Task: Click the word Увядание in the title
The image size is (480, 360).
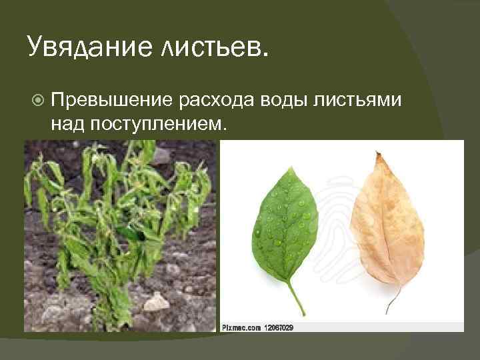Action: (86, 47)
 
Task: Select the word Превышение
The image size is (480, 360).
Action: (111, 100)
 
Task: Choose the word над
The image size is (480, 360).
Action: (67, 124)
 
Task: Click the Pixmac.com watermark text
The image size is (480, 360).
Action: (244, 327)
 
